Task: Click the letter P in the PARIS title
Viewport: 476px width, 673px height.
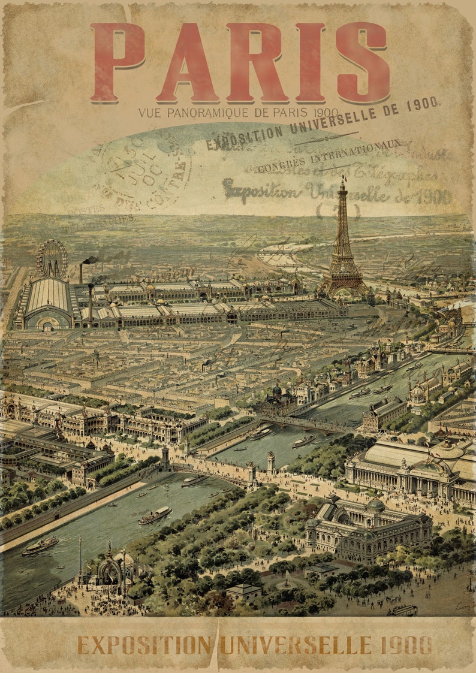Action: click(118, 62)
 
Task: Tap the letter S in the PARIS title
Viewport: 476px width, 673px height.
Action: click(362, 62)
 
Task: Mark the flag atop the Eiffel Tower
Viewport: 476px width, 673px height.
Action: click(344, 178)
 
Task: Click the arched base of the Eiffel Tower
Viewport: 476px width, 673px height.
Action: click(342, 289)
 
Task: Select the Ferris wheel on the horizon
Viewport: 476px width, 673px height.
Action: click(52, 258)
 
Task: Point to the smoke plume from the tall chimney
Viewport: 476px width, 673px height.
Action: click(88, 260)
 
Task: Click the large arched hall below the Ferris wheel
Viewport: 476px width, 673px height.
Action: click(48, 304)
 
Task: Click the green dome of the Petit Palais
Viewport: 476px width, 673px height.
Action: click(375, 505)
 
